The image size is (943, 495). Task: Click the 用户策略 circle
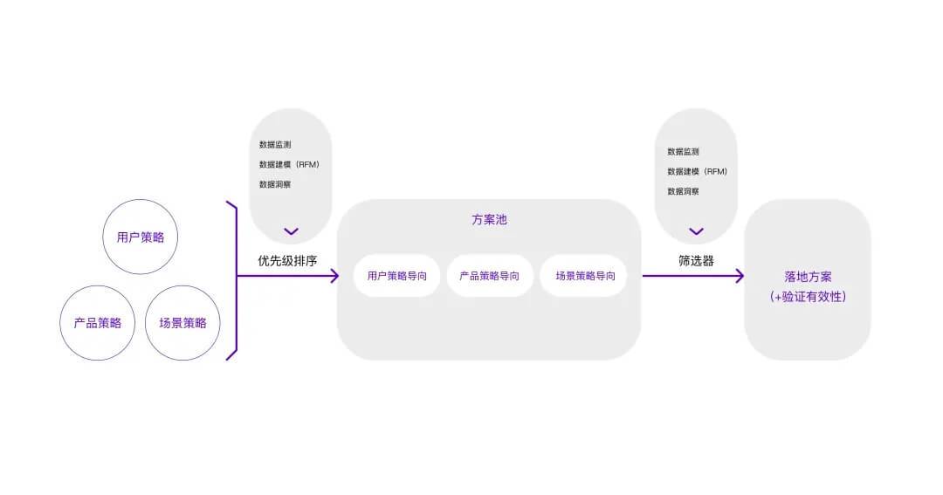[141, 237]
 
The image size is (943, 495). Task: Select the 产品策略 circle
[97, 323]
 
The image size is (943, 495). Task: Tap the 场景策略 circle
[182, 323]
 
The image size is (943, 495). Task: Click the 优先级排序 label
[286, 260]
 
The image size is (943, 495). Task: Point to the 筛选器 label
[696, 260]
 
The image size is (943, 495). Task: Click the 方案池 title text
[489, 220]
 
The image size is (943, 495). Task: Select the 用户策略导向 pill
[397, 276]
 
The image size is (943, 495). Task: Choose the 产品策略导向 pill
[489, 276]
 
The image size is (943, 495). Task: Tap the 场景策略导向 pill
[584, 276]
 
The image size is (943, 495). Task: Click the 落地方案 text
[808, 277]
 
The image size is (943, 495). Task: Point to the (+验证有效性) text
[808, 297]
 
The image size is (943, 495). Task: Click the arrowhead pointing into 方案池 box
[333, 276]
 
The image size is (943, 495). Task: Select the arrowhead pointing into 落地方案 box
[739, 276]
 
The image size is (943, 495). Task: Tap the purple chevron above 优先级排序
[291, 231]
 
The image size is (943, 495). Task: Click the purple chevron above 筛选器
[696, 231]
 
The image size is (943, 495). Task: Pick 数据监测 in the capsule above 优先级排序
[275, 144]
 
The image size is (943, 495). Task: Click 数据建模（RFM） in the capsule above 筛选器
[697, 171]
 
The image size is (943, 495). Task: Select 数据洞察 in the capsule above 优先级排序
[275, 184]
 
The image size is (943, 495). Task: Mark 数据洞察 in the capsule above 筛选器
[683, 191]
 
